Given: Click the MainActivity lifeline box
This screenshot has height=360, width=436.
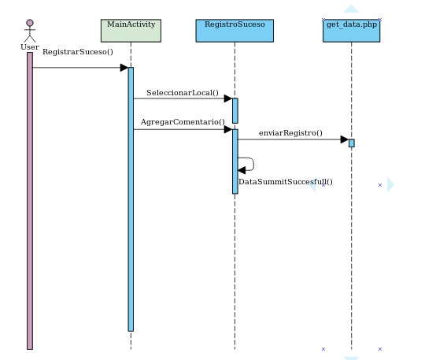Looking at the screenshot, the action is point(131,31).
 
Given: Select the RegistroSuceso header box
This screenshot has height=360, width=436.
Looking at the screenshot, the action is point(235,31).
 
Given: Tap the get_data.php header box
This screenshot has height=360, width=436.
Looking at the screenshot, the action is point(351,31).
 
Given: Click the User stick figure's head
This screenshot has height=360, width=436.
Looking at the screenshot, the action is point(30,23).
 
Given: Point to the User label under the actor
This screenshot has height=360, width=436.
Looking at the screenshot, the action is point(30,47).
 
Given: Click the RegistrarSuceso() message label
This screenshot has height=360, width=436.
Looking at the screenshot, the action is point(78,52).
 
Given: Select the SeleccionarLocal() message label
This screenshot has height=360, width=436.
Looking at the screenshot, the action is point(183,93).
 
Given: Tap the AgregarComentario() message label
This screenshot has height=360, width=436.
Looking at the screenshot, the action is point(183,122).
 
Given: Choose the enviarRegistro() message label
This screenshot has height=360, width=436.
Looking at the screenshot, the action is point(290,133).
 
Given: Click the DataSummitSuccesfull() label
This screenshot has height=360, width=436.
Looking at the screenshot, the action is point(286,182).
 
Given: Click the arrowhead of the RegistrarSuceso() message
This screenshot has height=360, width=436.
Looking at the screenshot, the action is point(124,68).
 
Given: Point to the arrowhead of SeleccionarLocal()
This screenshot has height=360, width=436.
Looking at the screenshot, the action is point(228,98).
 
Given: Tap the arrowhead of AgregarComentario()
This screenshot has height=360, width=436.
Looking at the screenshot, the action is point(228,129).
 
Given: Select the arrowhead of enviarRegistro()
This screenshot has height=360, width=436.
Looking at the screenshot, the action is point(345,139).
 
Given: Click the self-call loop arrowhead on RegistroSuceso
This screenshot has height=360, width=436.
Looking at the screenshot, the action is point(242,170).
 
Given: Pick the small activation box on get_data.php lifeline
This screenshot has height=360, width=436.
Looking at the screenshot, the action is point(352,143).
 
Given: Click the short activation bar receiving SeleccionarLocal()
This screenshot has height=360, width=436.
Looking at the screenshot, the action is point(235,110).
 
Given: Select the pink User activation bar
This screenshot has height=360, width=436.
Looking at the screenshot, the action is point(30,201).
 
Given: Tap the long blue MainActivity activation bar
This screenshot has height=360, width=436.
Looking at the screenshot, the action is point(131,199).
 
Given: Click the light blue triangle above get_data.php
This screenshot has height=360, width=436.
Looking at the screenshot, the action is point(351,9).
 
